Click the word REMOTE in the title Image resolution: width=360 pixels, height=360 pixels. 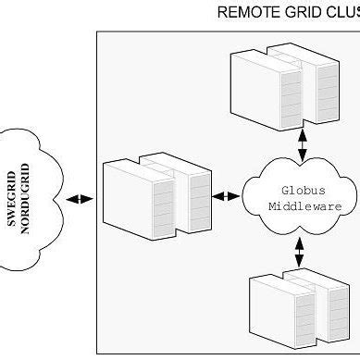(242, 13)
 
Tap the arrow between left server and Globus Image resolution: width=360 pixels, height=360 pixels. (226, 195)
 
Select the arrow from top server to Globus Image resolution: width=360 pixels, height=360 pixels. (302, 143)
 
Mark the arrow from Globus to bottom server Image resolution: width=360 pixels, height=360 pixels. (300, 250)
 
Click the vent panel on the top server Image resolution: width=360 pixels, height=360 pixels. (290, 96)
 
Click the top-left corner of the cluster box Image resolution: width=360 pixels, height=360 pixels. (97, 31)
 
